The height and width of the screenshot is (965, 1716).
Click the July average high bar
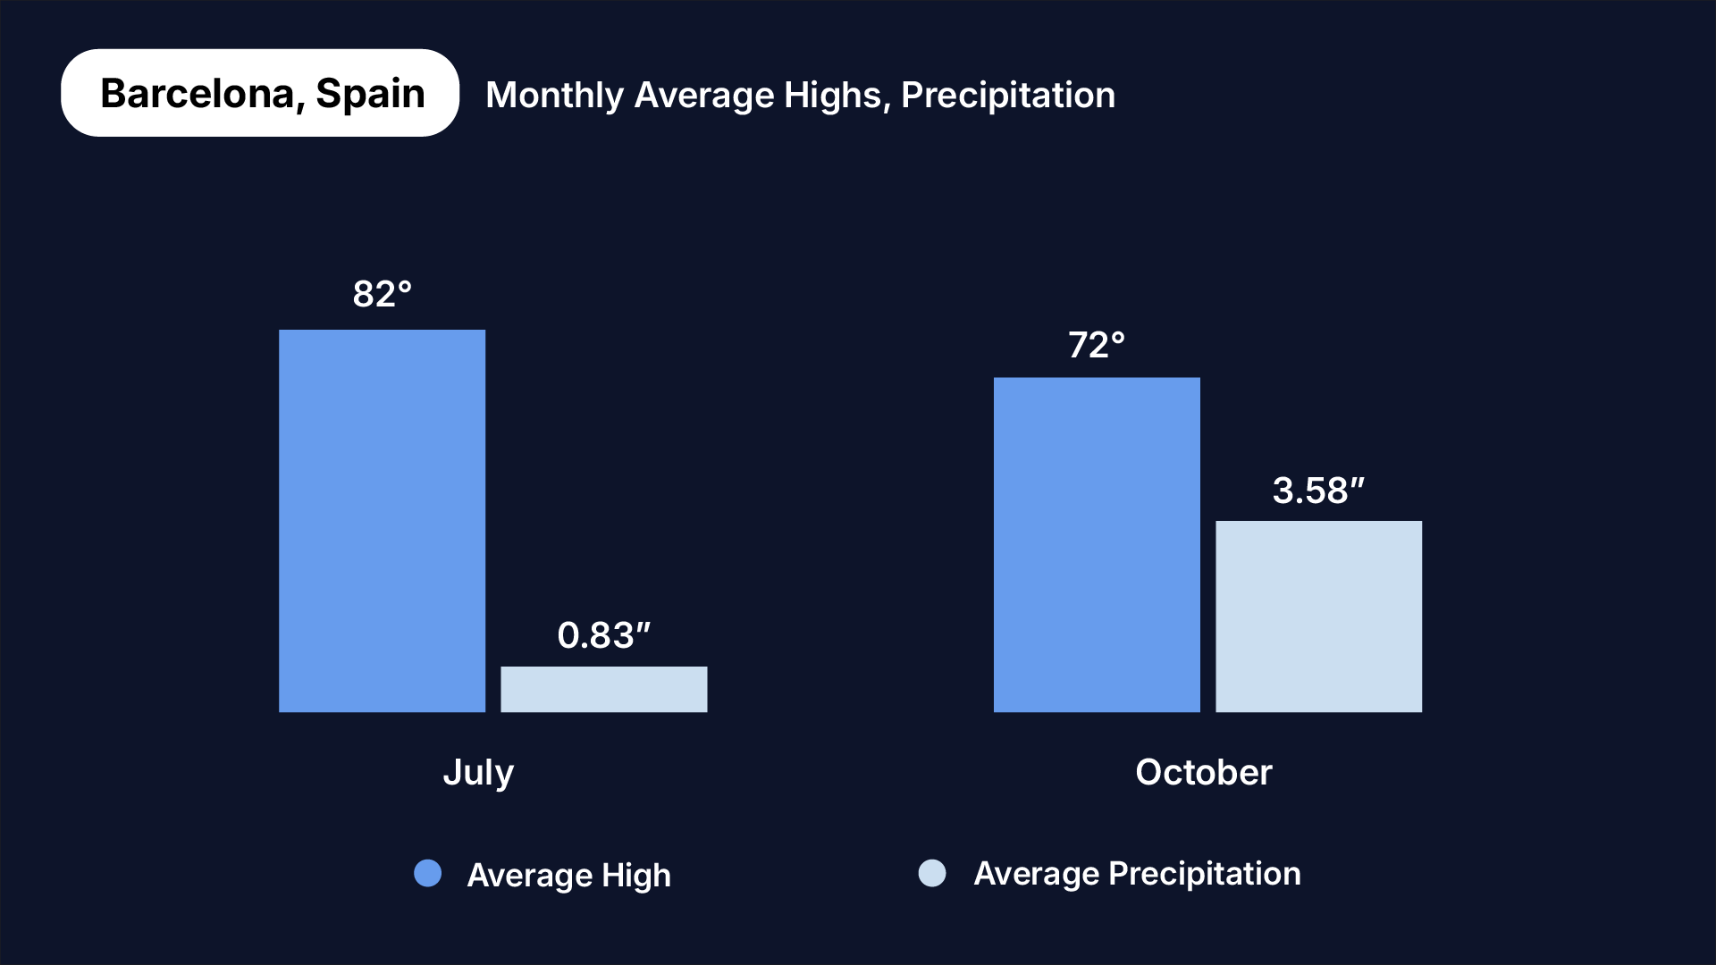click(x=382, y=521)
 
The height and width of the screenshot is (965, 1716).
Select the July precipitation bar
click(x=603, y=689)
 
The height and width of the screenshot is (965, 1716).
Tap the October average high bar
click(x=1097, y=544)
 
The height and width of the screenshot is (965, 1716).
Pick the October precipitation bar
click(x=1318, y=617)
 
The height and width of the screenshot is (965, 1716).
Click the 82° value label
click(x=382, y=294)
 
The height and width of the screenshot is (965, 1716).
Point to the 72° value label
click(x=1097, y=345)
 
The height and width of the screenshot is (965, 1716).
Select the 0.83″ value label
click(x=603, y=635)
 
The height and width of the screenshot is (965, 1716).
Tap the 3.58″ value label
click(x=1318, y=491)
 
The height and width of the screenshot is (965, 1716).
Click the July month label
click(x=478, y=773)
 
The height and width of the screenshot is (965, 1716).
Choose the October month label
click(x=1203, y=772)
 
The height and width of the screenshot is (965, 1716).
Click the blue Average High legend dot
click(x=428, y=873)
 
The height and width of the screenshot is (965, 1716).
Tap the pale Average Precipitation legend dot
click(x=932, y=873)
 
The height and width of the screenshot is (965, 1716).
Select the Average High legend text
click(x=568, y=875)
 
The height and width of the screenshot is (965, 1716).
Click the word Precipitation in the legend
click(x=1204, y=873)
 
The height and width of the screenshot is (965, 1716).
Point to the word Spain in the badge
click(x=370, y=94)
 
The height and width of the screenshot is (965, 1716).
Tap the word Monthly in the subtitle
click(x=554, y=96)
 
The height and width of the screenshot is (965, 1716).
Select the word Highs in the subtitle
click(x=838, y=96)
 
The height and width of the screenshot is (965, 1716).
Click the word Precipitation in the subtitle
click(x=1008, y=96)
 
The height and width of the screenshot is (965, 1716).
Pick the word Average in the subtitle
click(x=703, y=96)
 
